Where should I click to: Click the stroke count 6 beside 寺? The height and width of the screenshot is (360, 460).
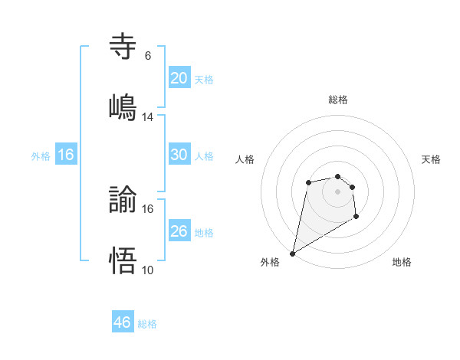coord(147,56)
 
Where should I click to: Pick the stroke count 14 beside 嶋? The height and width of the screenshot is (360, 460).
coord(148,117)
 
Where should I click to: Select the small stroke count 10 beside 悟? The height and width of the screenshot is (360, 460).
coord(148,270)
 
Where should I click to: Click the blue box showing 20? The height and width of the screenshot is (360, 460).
coord(179,77)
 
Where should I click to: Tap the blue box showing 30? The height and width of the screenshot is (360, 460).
coord(179,154)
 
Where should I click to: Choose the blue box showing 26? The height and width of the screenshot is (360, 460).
coord(179,231)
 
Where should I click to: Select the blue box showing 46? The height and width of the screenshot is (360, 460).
coord(123,322)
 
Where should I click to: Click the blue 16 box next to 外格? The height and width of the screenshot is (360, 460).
coord(66,155)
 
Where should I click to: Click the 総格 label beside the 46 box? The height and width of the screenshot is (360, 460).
coord(147,324)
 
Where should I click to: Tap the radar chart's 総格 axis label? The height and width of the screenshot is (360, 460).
coord(337,100)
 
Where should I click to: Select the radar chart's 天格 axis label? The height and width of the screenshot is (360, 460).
coord(432,159)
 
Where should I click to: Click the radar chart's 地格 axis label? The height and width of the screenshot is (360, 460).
coord(402,262)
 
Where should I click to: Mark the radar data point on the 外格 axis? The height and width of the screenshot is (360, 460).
coord(292,253)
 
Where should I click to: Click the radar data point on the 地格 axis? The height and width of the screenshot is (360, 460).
coord(356,218)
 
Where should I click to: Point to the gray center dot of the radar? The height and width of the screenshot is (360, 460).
coord(337,191)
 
